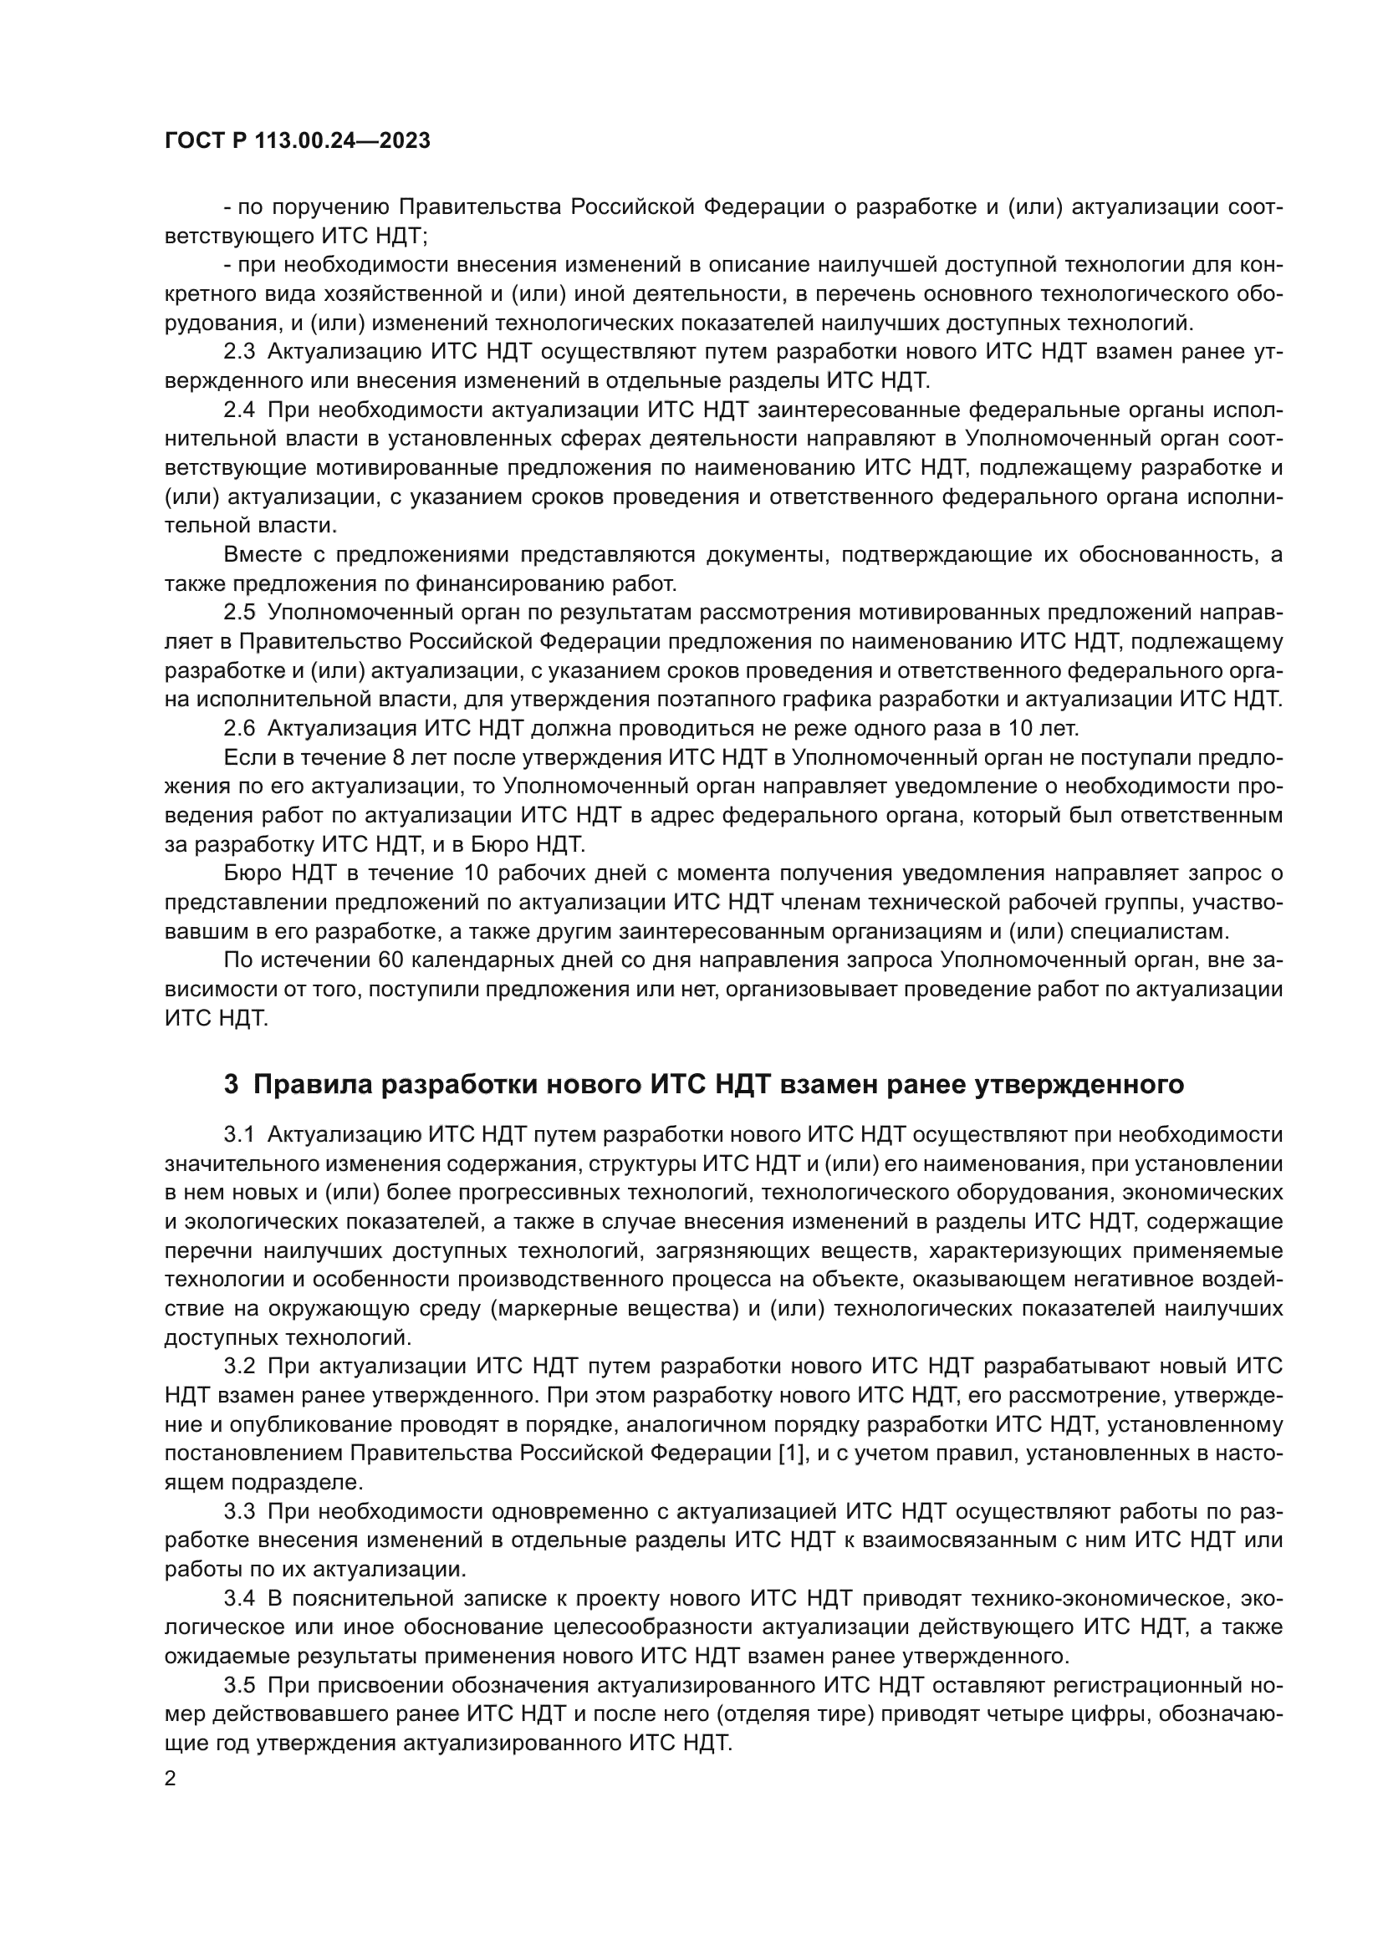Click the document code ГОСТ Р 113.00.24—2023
(297, 140)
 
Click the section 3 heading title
(703, 1084)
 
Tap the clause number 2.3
(239, 352)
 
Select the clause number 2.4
(239, 410)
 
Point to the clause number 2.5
(239, 612)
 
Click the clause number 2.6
(239, 728)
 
